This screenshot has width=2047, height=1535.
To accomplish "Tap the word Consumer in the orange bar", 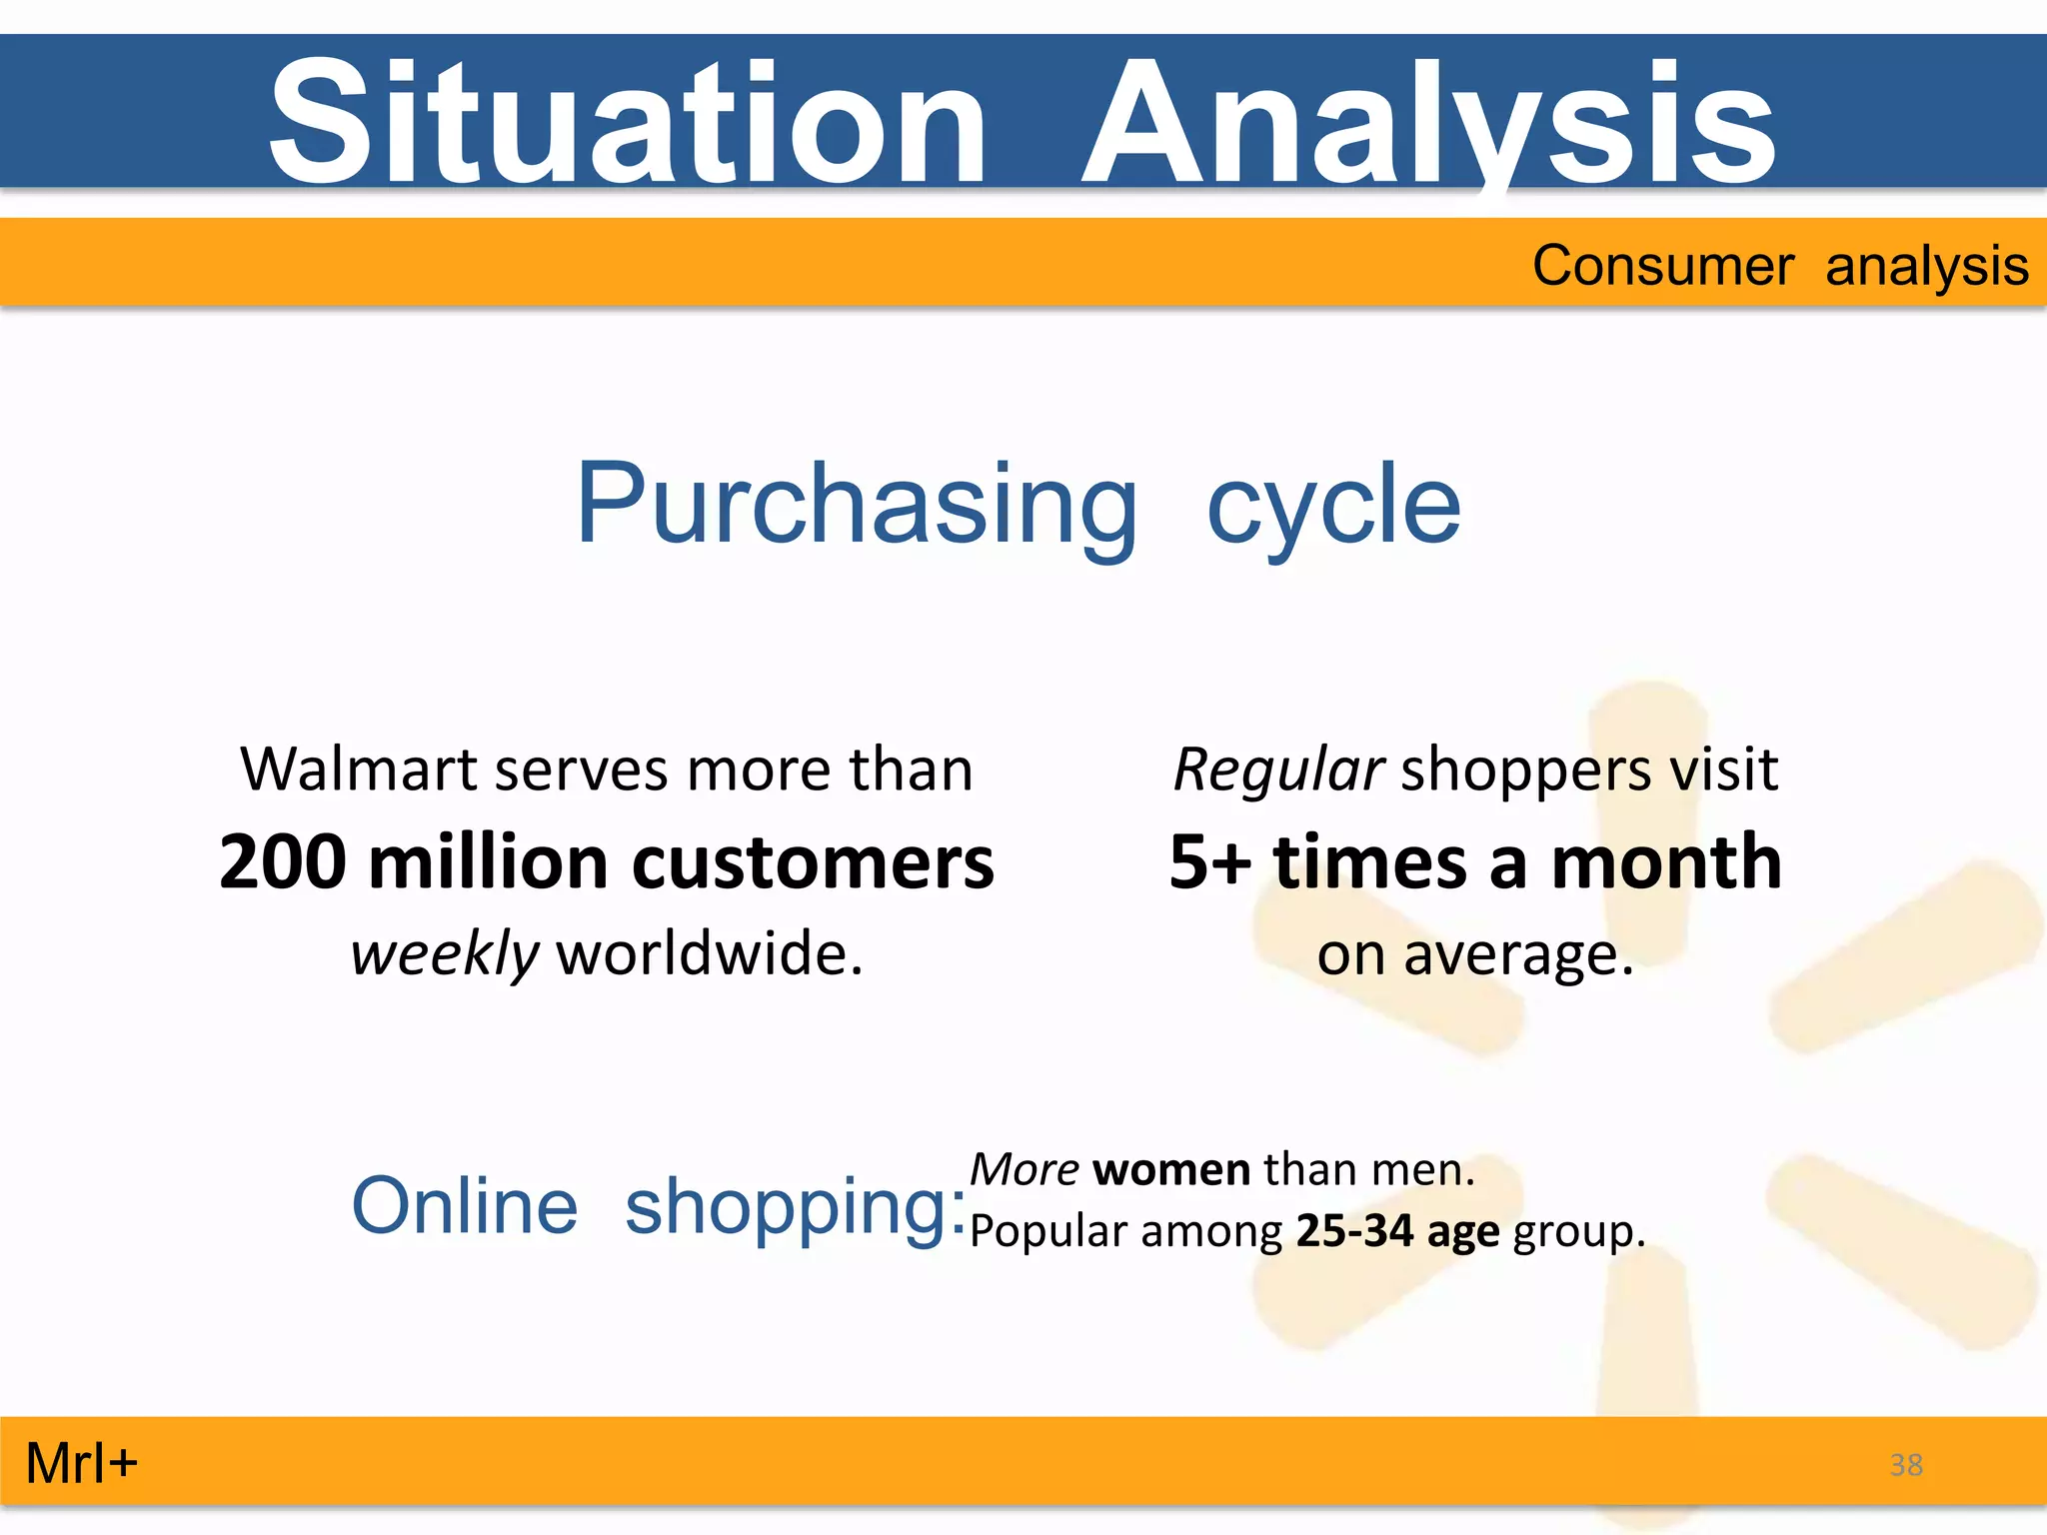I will pyautogui.click(x=1662, y=266).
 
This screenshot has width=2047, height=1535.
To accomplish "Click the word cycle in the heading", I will pyautogui.click(x=1333, y=506).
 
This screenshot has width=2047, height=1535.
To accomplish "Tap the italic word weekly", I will pyautogui.click(x=445, y=953).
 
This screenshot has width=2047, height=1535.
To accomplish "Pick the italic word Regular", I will pyautogui.click(x=1278, y=769).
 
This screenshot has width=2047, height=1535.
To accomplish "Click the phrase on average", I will pyautogui.click(x=1475, y=953).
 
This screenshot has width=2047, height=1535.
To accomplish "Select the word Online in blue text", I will pyautogui.click(x=465, y=1206).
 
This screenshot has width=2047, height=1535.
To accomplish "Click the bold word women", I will pyautogui.click(x=1171, y=1169).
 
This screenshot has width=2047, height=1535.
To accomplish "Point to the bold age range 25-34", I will pyautogui.click(x=1354, y=1230).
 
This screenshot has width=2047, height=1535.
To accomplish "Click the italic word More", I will pyautogui.click(x=1024, y=1169).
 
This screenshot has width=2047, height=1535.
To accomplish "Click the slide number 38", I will pyautogui.click(x=1906, y=1465).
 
